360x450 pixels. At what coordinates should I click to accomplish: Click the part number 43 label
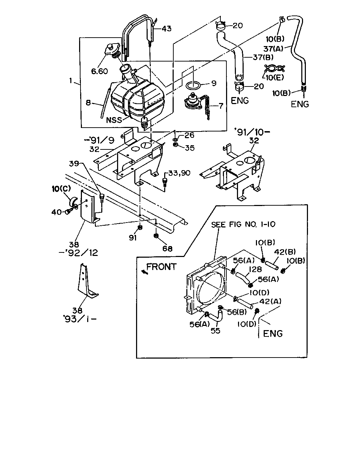coord(167,28)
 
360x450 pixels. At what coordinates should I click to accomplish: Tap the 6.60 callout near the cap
coord(99,71)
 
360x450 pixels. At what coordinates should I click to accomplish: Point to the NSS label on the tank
coord(114,120)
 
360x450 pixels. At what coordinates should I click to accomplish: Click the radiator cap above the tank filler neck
coord(112,50)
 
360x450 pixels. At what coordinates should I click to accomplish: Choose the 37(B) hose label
coord(263,57)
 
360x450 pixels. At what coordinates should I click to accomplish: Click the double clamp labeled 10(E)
coord(275,69)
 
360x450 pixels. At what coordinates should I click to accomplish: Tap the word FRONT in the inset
coord(161,267)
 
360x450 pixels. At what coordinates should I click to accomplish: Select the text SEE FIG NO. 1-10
coord(243,225)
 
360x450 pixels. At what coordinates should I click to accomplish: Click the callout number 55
coord(216,331)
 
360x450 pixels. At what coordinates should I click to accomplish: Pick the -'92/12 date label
coord(78,253)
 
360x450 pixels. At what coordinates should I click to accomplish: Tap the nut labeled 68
coord(156,236)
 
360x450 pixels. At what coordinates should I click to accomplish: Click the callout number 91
coord(133,238)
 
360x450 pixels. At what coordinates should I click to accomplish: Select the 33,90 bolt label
coord(179,173)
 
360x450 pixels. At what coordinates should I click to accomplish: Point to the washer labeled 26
coord(175,140)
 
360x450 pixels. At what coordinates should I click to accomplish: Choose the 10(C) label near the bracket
coord(61,189)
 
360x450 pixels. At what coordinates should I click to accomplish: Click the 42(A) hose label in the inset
coord(270,302)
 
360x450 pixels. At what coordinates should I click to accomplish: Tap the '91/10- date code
coord(252,132)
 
